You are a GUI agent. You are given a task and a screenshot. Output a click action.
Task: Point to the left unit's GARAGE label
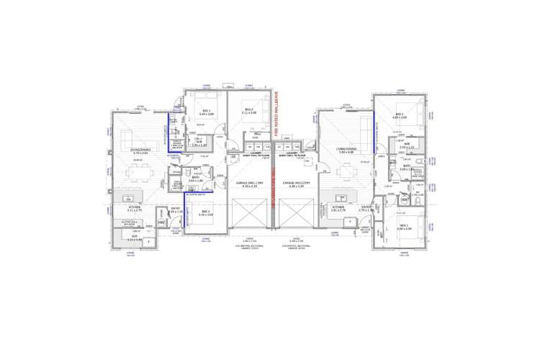coord(251,184)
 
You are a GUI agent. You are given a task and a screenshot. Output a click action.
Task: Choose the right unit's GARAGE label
coord(296,184)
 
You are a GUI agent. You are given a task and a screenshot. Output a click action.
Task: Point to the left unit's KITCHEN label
coord(135,207)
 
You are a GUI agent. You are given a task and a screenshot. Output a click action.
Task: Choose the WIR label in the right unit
coord(406,145)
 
